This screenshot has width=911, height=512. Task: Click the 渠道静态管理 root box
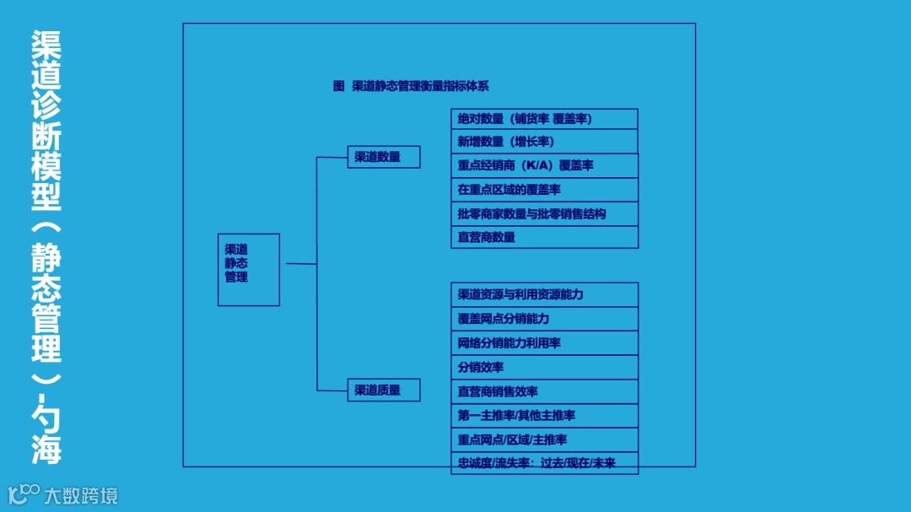pos(249,269)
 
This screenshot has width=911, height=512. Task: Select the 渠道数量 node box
pos(384,157)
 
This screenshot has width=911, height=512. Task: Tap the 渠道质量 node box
pos(384,391)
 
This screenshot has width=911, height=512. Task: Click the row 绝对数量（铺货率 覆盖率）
pos(544,119)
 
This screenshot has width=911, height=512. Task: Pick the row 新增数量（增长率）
pos(544,142)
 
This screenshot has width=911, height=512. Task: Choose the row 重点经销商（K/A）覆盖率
pos(544,165)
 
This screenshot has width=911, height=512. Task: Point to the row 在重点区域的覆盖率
pos(544,190)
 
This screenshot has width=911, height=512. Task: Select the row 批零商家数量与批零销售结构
pos(544,213)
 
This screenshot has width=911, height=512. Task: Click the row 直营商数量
pos(544,237)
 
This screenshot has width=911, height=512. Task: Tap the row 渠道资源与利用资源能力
pos(544,294)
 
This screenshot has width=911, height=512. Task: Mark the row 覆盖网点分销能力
pos(544,319)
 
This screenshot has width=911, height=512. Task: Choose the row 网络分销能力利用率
pos(544,343)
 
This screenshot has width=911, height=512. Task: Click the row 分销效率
pos(544,368)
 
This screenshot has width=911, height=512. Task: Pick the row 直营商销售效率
pos(544,391)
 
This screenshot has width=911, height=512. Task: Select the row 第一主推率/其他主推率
pos(544,415)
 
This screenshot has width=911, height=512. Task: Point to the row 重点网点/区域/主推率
pos(544,439)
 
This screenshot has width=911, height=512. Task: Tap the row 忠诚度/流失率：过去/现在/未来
pos(544,463)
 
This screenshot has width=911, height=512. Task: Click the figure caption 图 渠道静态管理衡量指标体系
pos(411,86)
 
